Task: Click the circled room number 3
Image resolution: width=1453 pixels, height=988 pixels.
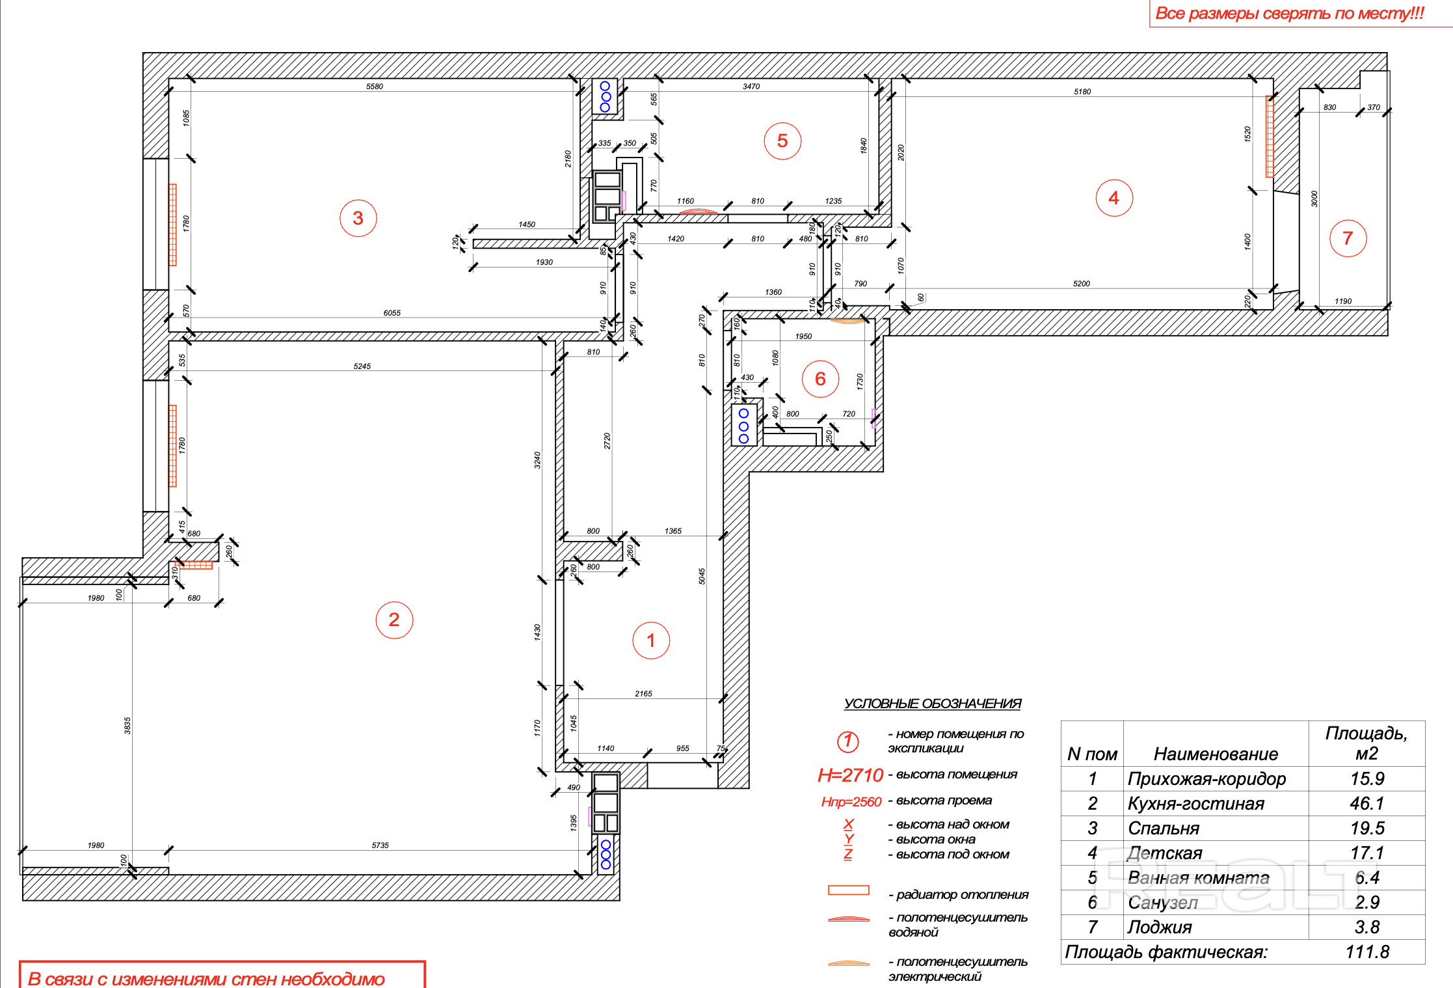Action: (x=358, y=218)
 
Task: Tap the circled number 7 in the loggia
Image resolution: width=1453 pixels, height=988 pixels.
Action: (x=1348, y=238)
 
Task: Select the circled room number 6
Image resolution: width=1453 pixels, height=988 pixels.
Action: (x=820, y=379)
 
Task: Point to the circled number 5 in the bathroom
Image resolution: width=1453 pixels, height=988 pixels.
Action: (x=782, y=141)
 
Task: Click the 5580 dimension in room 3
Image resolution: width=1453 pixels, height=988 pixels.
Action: (x=375, y=86)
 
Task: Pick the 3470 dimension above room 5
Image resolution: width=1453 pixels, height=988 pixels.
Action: (x=751, y=86)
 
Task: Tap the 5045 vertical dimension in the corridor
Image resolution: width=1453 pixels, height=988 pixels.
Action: (x=702, y=576)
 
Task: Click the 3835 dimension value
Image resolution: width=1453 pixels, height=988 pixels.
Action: (x=127, y=726)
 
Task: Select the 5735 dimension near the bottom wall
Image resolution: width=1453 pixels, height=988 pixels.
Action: (x=380, y=845)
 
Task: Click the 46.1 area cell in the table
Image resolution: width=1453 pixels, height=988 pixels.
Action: (x=1366, y=804)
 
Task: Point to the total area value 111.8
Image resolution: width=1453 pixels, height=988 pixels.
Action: (x=1367, y=952)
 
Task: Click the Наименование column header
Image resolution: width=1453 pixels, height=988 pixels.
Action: (x=1216, y=754)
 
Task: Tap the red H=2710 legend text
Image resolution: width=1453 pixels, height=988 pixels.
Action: (x=850, y=775)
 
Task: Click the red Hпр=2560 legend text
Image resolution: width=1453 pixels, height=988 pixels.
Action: (x=851, y=802)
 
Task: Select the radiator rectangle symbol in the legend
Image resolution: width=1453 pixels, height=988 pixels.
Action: (x=848, y=890)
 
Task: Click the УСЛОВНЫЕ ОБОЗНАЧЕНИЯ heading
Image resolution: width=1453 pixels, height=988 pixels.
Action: (x=932, y=704)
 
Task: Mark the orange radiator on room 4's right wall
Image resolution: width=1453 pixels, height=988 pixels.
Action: (x=1269, y=137)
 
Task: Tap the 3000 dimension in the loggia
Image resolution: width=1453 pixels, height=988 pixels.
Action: (x=1314, y=199)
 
